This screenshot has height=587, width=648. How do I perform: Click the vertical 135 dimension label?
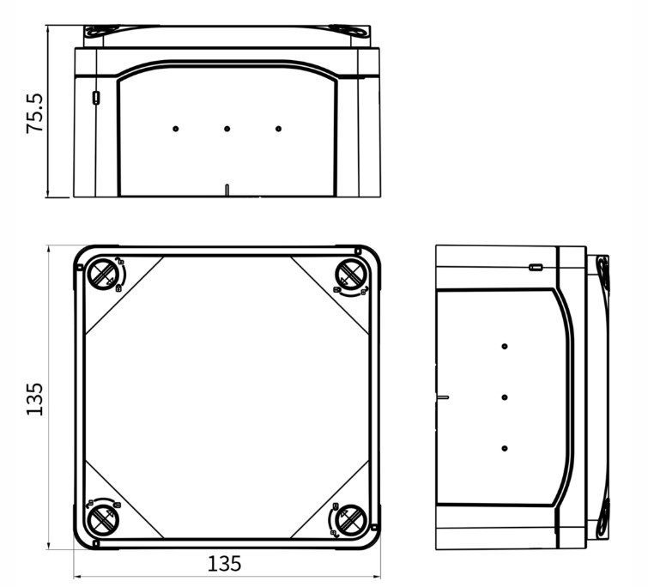point(34,399)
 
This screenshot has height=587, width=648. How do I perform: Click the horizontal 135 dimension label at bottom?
point(225,564)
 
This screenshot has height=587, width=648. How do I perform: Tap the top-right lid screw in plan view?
point(349,275)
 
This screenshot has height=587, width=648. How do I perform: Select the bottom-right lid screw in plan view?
point(349,520)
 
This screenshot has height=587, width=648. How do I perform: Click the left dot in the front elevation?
point(175,129)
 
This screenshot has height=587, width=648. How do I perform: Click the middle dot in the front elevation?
point(227,129)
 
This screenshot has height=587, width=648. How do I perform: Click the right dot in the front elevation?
point(278,129)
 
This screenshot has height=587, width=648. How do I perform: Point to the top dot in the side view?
point(504,346)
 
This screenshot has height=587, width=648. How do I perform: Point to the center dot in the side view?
point(504,397)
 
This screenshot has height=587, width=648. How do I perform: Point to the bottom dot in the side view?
point(504,449)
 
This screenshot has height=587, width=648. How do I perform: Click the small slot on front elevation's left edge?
point(94,97)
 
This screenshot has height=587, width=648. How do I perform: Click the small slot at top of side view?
point(535,267)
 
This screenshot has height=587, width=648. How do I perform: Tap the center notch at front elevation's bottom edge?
point(227,191)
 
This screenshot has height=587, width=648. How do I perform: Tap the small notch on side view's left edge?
point(441,397)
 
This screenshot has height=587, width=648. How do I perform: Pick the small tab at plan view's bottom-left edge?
point(96,543)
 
